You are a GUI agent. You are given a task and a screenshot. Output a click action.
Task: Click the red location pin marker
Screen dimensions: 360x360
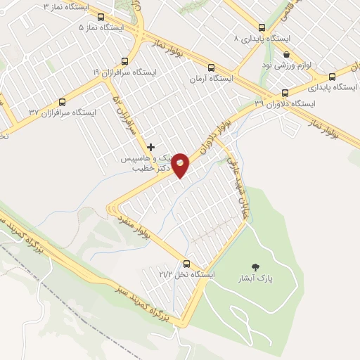pos(181,165)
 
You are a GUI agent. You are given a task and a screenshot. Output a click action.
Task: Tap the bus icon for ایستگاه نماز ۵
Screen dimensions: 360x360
pos(101,16)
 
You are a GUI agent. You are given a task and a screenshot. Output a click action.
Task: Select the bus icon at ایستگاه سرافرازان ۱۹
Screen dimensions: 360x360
pos(125,60)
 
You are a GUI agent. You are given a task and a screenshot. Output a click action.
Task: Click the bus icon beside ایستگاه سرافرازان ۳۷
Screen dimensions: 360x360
pos(63,101)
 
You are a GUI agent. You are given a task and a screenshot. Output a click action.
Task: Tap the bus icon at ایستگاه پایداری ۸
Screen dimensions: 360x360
pos(262,26)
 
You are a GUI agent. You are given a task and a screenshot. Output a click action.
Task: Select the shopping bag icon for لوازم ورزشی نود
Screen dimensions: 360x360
pos(286,54)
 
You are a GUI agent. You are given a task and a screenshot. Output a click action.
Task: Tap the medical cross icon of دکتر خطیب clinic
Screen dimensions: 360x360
pos(150,147)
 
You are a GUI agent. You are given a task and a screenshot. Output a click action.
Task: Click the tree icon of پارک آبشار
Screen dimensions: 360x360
pos(255,266)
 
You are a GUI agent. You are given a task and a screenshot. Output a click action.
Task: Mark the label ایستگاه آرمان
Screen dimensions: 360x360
pos(211,79)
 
